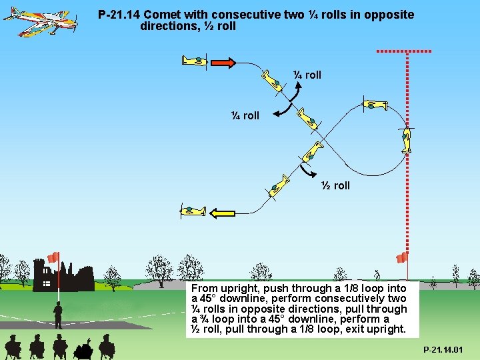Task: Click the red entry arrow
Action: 223,63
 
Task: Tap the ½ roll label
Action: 335,185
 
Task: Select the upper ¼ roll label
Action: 307,75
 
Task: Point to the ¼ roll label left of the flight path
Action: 245,115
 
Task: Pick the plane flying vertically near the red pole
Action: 407,140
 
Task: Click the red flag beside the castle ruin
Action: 53,257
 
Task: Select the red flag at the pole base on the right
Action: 402,257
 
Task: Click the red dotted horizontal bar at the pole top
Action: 404,51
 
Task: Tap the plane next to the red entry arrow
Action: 195,61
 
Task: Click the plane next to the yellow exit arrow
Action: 193,211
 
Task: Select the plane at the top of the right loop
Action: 375,105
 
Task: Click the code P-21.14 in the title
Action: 119,15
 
